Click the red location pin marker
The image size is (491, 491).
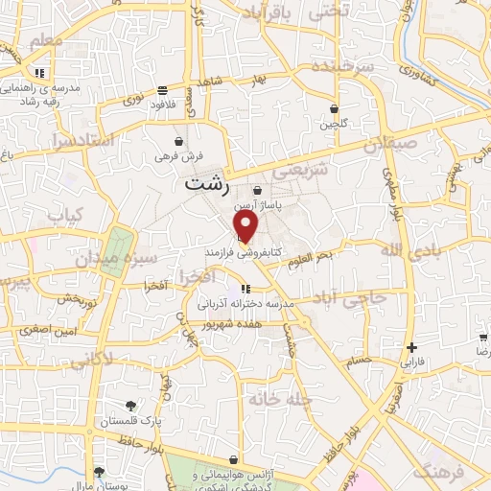point(246,227)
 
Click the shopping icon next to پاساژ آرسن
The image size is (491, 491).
point(256,191)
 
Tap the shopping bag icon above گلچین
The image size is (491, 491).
point(334,109)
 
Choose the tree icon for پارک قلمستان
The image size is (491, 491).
point(129,405)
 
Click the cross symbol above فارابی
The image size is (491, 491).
point(411,347)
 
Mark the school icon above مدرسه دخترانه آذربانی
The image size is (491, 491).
point(245,288)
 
